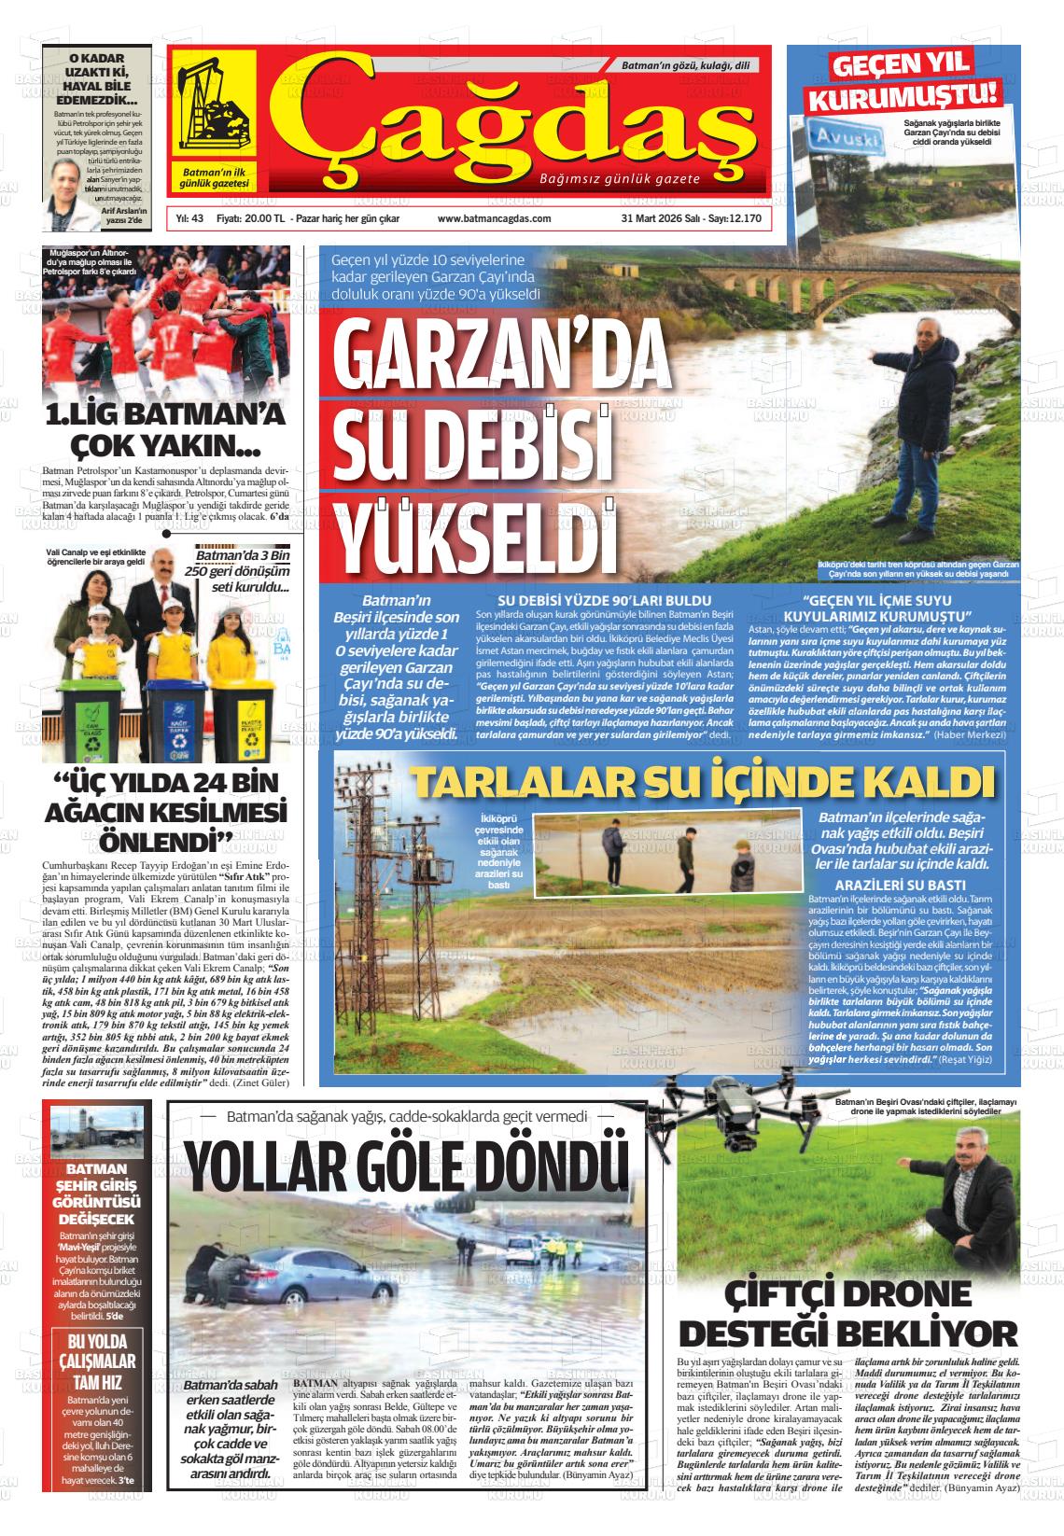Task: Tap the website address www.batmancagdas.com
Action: coord(494,218)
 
